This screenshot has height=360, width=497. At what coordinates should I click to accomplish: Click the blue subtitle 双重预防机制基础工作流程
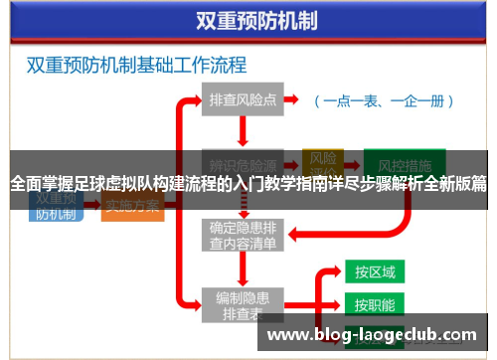pyautogui.click(x=136, y=66)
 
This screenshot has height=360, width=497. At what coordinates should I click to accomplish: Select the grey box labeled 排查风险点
pyautogui.click(x=244, y=100)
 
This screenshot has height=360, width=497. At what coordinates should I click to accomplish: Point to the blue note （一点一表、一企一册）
pyautogui.click(x=385, y=101)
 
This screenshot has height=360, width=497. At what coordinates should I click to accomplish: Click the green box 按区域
pyautogui.click(x=375, y=271)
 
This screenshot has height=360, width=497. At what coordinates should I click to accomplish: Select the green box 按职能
pyautogui.click(x=375, y=304)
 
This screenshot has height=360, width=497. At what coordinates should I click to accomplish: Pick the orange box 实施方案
pyautogui.click(x=132, y=207)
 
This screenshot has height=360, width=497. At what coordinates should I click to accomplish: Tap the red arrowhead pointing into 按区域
pyautogui.click(x=338, y=271)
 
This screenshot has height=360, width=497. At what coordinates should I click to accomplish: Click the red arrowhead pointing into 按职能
pyautogui.click(x=338, y=304)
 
